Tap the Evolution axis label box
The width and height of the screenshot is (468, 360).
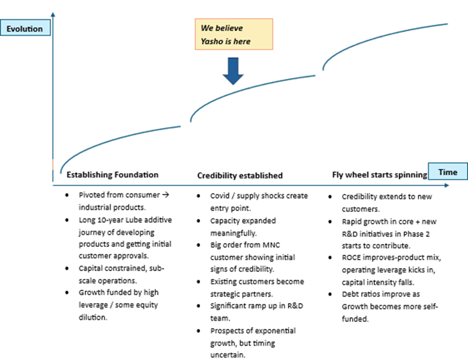(25, 28)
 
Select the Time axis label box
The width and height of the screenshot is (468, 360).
(447, 172)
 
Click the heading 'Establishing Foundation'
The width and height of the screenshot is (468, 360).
(112, 175)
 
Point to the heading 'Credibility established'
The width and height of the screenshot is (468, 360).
(240, 175)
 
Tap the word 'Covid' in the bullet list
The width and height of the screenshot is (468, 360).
(220, 196)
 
